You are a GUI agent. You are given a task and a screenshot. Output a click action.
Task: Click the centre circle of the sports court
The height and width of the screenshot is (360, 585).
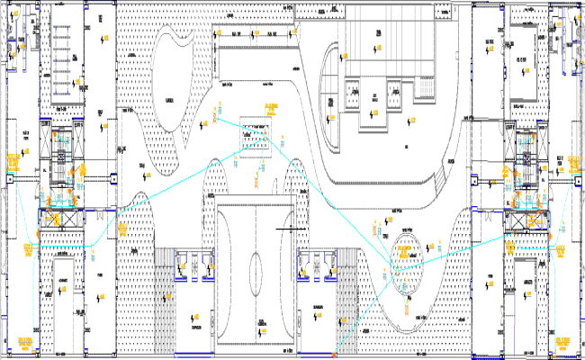click(x=256, y=267)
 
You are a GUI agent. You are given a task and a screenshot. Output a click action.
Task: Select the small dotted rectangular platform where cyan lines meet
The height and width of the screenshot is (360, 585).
click(x=256, y=138)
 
